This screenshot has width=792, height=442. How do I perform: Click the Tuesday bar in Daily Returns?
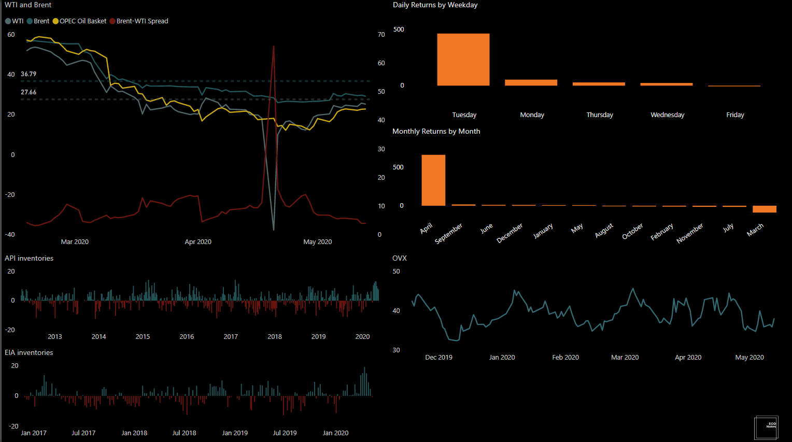tap(463, 60)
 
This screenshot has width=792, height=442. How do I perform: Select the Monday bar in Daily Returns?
tap(531, 82)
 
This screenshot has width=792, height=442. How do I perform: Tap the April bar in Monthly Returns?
tap(433, 180)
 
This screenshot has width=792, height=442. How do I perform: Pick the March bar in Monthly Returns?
tap(764, 209)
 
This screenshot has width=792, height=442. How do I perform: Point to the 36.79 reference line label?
tap(29, 74)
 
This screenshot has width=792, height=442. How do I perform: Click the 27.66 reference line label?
tap(29, 92)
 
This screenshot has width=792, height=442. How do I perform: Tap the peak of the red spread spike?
tap(274, 47)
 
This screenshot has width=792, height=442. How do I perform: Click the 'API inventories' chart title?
tap(29, 258)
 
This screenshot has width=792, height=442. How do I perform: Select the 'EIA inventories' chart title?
tap(29, 352)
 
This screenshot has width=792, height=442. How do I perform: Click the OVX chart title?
tap(400, 258)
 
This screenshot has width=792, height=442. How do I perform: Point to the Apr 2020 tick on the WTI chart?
tap(198, 242)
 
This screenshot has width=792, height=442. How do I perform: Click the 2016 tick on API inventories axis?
tap(187, 337)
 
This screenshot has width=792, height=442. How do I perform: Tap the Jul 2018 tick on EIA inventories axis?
tap(184, 433)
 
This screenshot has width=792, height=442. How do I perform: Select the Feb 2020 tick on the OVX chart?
tap(565, 358)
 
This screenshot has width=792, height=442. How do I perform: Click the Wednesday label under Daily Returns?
tap(667, 115)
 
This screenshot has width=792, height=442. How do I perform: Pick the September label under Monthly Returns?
tap(449, 234)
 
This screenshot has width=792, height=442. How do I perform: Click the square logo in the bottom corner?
tap(766, 427)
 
